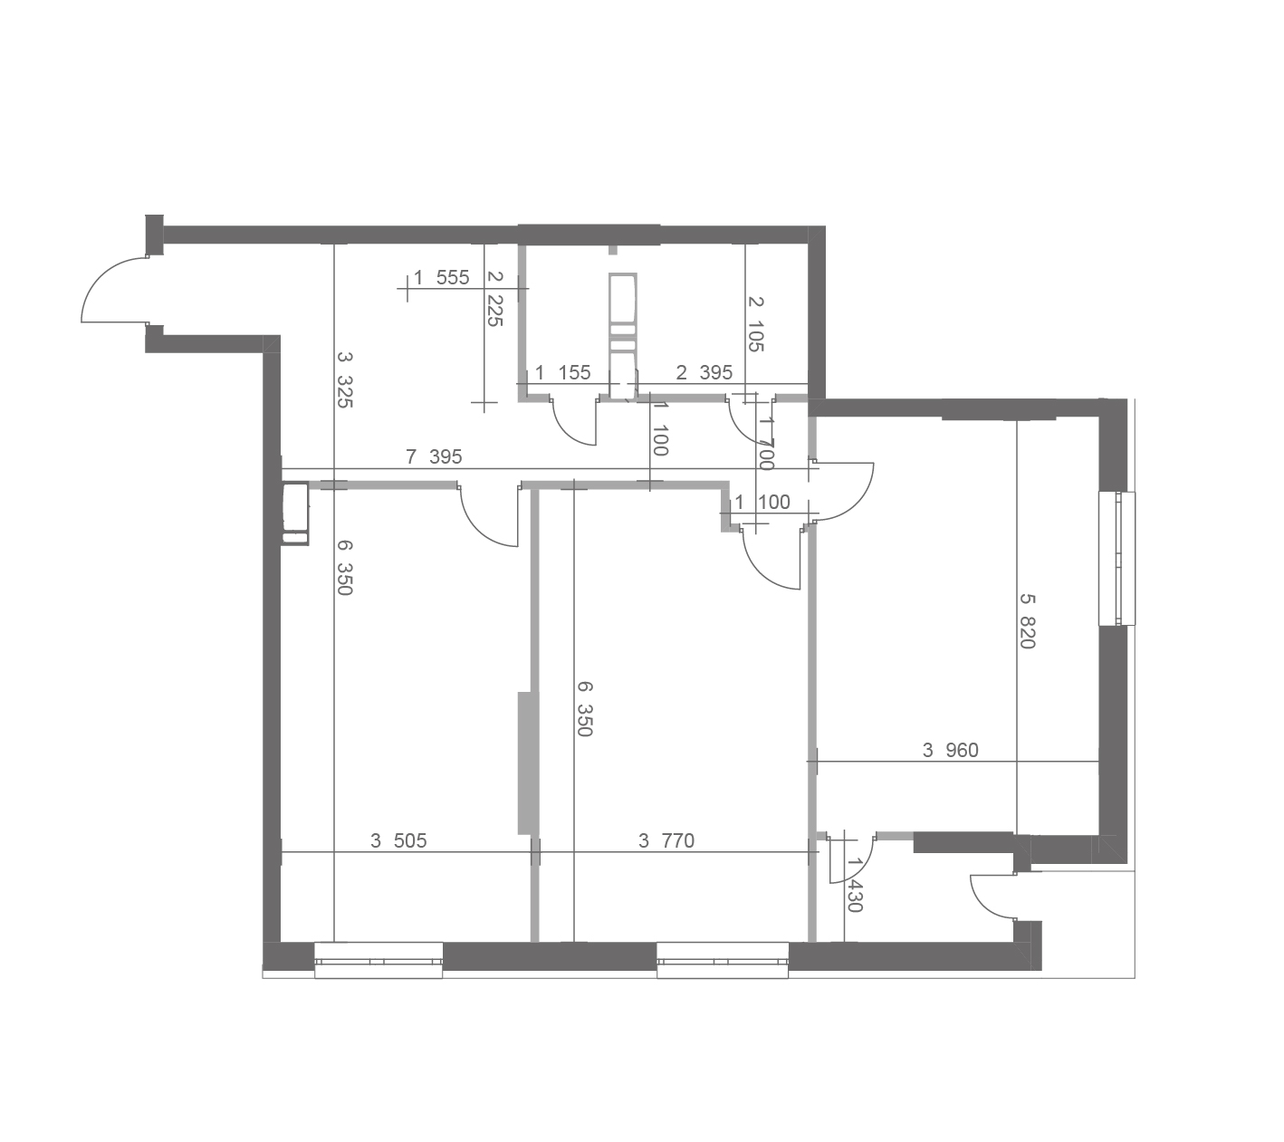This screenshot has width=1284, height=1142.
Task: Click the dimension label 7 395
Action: (434, 456)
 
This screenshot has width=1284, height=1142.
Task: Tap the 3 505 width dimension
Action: (398, 841)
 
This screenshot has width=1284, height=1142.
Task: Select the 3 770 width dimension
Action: (666, 841)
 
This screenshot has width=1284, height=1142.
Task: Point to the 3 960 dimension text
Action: (950, 751)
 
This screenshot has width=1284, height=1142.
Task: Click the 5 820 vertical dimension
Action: (1028, 621)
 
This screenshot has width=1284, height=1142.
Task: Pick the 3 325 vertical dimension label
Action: (344, 379)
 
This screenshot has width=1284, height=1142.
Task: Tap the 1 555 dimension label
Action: (441, 278)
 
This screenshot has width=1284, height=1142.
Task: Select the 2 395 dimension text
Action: (704, 372)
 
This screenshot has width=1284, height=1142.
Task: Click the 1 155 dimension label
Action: (563, 372)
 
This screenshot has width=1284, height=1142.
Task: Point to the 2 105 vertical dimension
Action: (756, 324)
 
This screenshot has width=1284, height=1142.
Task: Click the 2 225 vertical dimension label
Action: (495, 299)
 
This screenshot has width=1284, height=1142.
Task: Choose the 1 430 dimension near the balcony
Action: (855, 886)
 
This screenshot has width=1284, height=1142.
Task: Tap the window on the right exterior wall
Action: (1116, 559)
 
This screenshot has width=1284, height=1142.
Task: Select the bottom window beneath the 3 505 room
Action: (378, 960)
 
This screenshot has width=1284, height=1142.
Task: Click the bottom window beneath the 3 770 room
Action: (723, 960)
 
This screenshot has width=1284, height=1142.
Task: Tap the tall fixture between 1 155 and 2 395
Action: (622, 336)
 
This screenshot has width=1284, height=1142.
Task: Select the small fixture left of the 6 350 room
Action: (295, 514)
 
